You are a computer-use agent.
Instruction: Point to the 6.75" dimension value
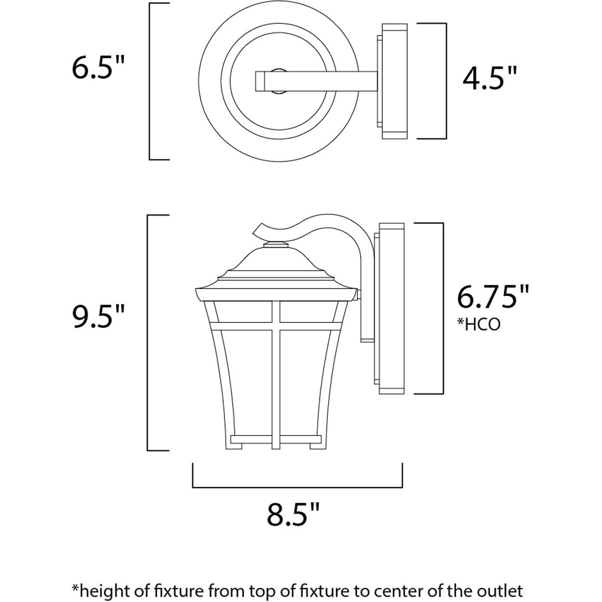click(x=493, y=297)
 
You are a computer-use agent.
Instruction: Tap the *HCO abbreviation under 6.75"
click(x=478, y=324)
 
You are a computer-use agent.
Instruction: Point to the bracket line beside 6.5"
click(x=150, y=81)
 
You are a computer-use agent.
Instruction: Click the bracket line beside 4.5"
click(x=446, y=81)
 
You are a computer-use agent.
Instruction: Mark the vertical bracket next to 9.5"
click(x=148, y=333)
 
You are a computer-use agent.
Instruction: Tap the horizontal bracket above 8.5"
click(x=297, y=487)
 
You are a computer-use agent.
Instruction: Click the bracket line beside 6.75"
click(x=443, y=309)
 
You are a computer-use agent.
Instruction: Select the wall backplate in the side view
click(x=391, y=309)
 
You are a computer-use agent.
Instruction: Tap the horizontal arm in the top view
click(x=315, y=81)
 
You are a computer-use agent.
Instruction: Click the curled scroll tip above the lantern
click(x=259, y=230)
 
